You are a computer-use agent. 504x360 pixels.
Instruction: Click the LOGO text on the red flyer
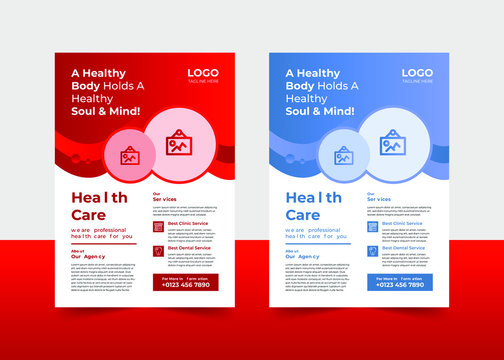click(203, 73)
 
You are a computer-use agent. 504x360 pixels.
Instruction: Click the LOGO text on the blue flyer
click(417, 73)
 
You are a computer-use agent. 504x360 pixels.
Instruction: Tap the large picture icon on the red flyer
click(178, 143)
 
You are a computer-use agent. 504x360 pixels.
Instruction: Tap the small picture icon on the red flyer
click(130, 156)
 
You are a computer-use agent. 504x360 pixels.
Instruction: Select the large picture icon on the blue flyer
click(393, 143)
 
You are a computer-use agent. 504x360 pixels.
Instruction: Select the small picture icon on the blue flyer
click(344, 156)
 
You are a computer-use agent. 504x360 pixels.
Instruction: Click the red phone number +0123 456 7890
click(185, 285)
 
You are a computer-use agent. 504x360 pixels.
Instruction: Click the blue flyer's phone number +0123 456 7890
click(400, 285)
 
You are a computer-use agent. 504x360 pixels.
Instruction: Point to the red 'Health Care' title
click(99, 207)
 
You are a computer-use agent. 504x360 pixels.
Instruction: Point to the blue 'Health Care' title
click(315, 207)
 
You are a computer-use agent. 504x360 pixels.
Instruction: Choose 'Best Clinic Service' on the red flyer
click(188, 222)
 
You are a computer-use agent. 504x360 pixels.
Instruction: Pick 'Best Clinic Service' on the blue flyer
click(403, 222)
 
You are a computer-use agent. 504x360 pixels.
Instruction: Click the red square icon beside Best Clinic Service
click(158, 226)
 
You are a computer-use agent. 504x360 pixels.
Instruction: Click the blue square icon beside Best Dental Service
click(372, 250)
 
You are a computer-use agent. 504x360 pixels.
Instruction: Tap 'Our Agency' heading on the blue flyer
click(302, 257)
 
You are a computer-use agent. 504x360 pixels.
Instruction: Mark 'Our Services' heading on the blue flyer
click(378, 199)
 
